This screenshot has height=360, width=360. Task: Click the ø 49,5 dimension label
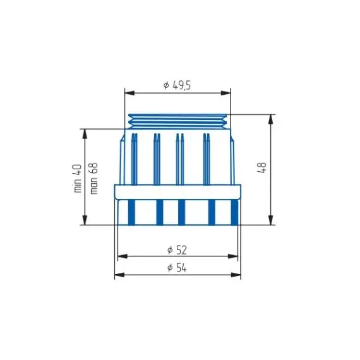point(177,85)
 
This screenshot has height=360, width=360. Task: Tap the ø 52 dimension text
point(177,250)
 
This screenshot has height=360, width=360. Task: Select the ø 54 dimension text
point(177,268)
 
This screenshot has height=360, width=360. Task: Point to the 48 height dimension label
point(262,167)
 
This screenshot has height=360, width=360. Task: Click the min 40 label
point(78,178)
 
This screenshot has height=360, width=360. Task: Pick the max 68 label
point(93,178)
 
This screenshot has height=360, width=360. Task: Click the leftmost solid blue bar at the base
point(131,212)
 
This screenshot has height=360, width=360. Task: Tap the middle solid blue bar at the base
point(181,212)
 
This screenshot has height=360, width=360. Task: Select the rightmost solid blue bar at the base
point(234,212)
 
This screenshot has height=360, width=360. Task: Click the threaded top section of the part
point(177,121)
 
